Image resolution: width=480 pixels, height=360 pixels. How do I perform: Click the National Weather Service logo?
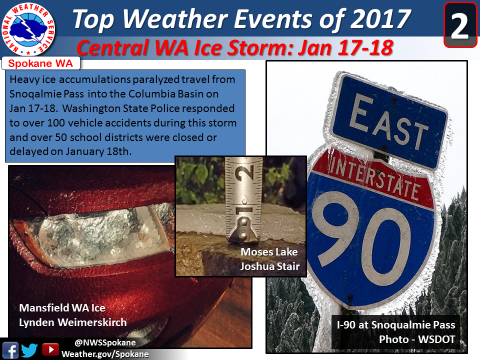point(28,29)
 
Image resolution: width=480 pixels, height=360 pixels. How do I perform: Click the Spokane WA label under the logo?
point(40,63)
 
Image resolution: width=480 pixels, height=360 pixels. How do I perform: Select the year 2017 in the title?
point(380,19)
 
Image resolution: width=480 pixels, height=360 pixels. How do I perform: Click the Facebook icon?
point(10,350)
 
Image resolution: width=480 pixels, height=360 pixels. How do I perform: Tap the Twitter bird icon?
point(29,350)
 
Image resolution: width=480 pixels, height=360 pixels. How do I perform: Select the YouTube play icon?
point(50,349)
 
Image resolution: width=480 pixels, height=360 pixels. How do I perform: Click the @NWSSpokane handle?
point(105,342)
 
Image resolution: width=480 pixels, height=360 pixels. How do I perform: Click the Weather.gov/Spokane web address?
point(105,354)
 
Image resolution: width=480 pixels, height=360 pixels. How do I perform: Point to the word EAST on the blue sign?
point(388,121)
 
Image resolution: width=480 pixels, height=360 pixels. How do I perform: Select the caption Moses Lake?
point(269,252)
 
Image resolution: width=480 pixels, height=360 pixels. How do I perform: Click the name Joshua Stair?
point(269,266)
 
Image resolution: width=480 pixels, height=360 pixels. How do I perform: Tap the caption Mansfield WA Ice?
point(62,308)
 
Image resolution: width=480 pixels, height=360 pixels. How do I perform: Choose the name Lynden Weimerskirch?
point(73,322)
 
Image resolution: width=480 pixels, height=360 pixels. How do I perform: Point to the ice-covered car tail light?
point(92,237)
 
